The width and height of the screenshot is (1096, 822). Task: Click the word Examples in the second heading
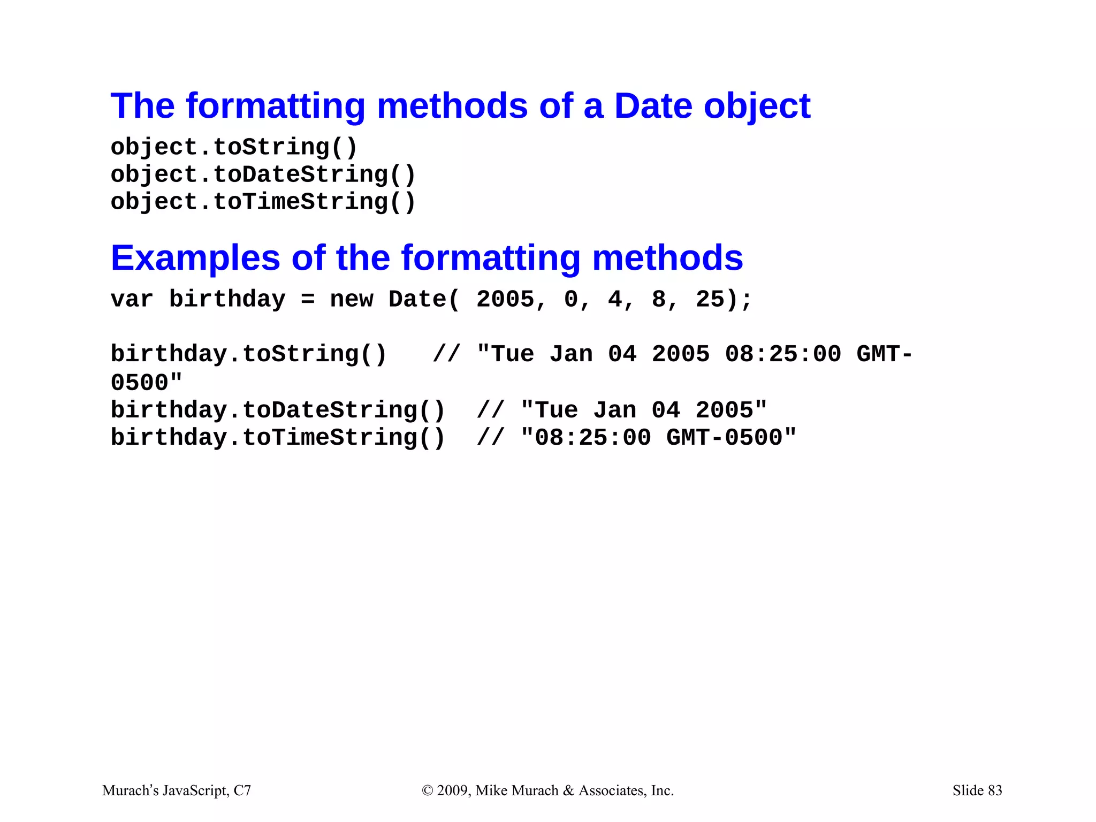195,258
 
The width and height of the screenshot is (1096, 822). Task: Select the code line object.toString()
234,147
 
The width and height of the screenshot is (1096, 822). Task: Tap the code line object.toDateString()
263,175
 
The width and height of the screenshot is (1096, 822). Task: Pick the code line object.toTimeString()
263,202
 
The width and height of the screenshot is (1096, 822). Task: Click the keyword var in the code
132,299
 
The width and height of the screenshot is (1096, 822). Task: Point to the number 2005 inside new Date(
505,299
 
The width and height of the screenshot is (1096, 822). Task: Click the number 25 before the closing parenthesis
710,299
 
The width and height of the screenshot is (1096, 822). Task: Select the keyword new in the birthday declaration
351,299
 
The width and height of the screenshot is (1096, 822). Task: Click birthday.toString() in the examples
248,354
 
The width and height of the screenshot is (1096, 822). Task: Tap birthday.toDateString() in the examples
278,410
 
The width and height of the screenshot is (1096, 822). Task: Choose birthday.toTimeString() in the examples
278,438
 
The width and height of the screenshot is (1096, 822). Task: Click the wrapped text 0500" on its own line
146,383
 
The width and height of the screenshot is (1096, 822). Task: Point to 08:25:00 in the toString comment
782,354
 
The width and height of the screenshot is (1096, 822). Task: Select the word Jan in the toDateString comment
614,410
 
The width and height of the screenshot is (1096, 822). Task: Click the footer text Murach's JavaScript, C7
177,790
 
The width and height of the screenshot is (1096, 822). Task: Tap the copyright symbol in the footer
427,791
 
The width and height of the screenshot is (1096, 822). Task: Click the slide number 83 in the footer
995,790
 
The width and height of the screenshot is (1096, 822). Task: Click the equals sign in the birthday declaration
307,300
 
